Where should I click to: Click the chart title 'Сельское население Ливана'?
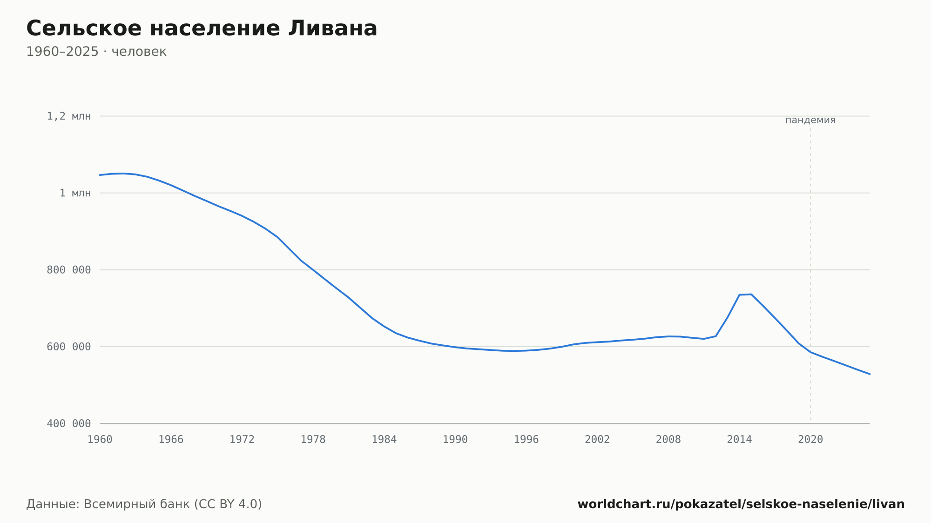(202, 29)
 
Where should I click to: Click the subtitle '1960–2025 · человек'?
(96, 52)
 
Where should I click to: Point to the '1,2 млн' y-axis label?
(69, 116)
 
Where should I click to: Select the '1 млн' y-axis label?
(75, 193)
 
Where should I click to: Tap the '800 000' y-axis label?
(69, 270)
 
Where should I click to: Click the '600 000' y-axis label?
(69, 347)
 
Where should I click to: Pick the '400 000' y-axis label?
(69, 423)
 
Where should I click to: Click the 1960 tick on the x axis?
(100, 440)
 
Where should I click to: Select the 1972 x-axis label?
(242, 440)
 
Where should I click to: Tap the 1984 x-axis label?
(384, 440)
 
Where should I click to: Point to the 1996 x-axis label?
(526, 440)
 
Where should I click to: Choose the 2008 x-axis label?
(668, 440)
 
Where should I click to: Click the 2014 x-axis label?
(739, 440)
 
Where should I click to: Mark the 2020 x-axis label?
(810, 440)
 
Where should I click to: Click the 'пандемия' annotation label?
(810, 120)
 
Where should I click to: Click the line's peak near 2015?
(751, 294)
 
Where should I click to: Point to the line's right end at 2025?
(870, 374)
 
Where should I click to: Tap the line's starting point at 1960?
(100, 175)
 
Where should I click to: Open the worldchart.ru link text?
(741, 504)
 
